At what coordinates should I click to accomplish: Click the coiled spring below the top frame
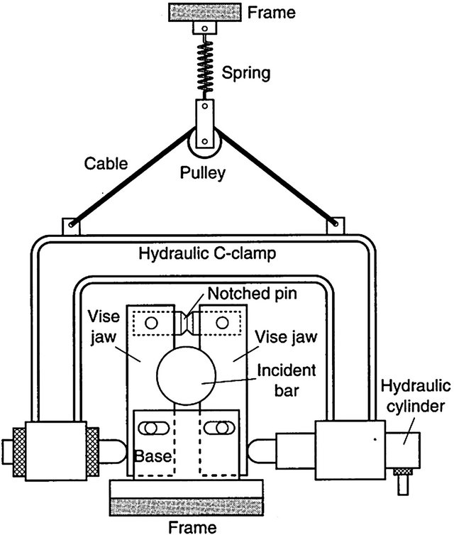pyautogui.click(x=204, y=65)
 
